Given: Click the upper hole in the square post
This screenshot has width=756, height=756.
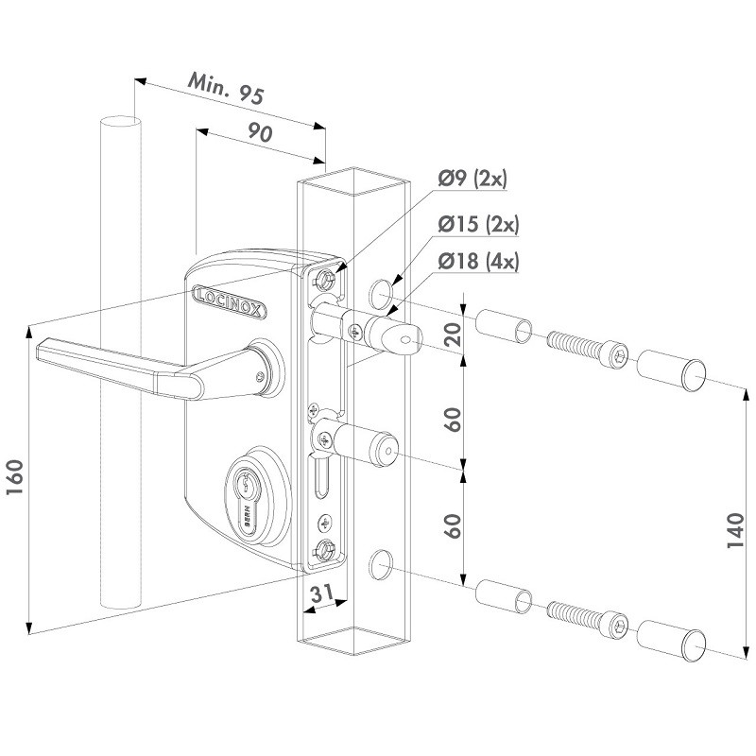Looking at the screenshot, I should pos(380,294).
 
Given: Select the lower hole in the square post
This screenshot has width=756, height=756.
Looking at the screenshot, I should pos(380,564).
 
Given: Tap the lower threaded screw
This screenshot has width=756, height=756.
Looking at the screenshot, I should pos(585,618).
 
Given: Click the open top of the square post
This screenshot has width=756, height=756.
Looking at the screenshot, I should pos(353,177).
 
